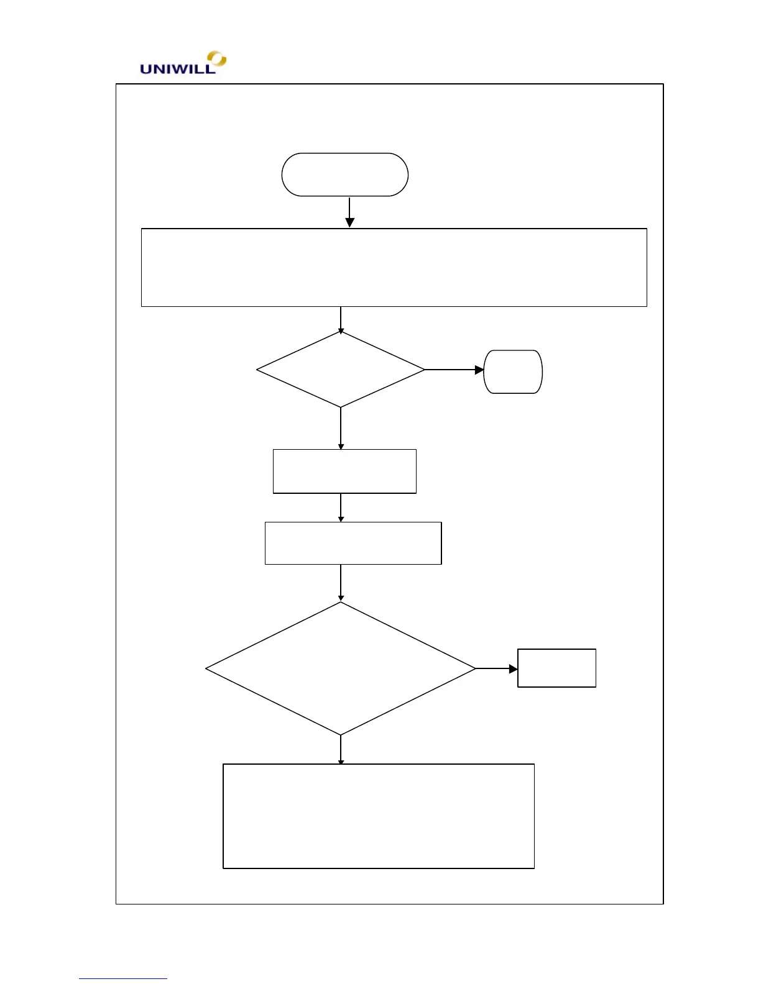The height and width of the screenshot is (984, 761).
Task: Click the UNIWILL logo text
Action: click(x=177, y=69)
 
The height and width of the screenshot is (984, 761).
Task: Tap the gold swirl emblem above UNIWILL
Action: click(x=217, y=59)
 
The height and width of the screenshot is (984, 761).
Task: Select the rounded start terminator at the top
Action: click(x=345, y=175)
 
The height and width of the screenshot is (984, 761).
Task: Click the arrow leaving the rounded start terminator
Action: click(x=349, y=212)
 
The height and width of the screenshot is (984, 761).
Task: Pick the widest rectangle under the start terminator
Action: click(x=394, y=268)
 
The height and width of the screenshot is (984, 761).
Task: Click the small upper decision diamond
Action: click(x=341, y=370)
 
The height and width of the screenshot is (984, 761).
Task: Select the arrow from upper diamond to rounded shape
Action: click(x=454, y=370)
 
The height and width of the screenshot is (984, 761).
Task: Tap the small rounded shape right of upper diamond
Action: click(x=513, y=371)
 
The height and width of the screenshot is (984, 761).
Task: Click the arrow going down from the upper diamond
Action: click(x=341, y=428)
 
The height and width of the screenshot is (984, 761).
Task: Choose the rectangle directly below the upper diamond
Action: click(x=344, y=471)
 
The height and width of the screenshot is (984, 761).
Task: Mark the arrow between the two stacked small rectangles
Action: click(x=341, y=508)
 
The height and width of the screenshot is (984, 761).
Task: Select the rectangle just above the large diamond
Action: click(x=353, y=543)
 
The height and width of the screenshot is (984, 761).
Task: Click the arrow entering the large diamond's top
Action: click(x=341, y=583)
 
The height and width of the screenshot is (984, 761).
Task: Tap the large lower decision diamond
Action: click(x=341, y=668)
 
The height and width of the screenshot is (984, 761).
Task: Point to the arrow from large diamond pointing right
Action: click(x=496, y=668)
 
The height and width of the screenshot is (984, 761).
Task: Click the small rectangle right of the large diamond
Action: click(x=556, y=668)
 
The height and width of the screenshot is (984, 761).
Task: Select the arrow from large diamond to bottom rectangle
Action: click(x=341, y=750)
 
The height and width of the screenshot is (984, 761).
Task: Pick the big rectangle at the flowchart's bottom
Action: click(x=379, y=816)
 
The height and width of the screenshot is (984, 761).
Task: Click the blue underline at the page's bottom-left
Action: click(x=123, y=978)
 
